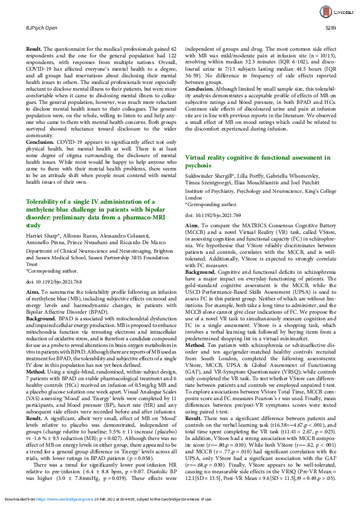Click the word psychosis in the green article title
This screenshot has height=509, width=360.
tap(198, 163)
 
